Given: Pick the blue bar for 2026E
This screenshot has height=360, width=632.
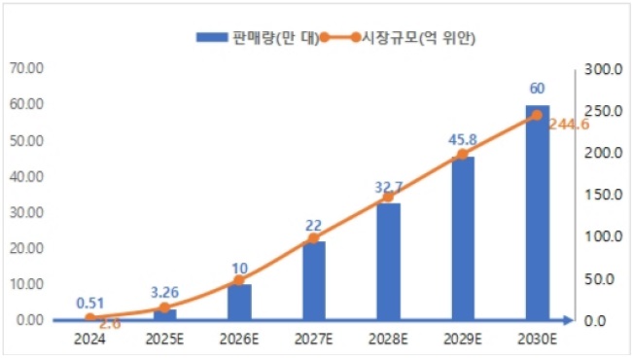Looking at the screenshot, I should point(239,302).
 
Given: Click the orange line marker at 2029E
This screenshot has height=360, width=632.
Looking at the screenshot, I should point(462,155).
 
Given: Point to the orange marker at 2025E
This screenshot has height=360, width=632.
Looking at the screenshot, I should point(164,308).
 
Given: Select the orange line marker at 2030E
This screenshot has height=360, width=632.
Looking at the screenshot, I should point(536,115).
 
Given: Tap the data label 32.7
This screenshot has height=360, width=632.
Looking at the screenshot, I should point(389,185).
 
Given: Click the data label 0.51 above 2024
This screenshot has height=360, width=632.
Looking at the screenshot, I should point(90,302).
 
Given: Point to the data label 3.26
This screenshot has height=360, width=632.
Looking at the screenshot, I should point(164,290).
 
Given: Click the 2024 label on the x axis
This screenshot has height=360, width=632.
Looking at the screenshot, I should point(90,339).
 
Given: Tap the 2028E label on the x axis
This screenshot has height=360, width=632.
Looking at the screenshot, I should point(388,339).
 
